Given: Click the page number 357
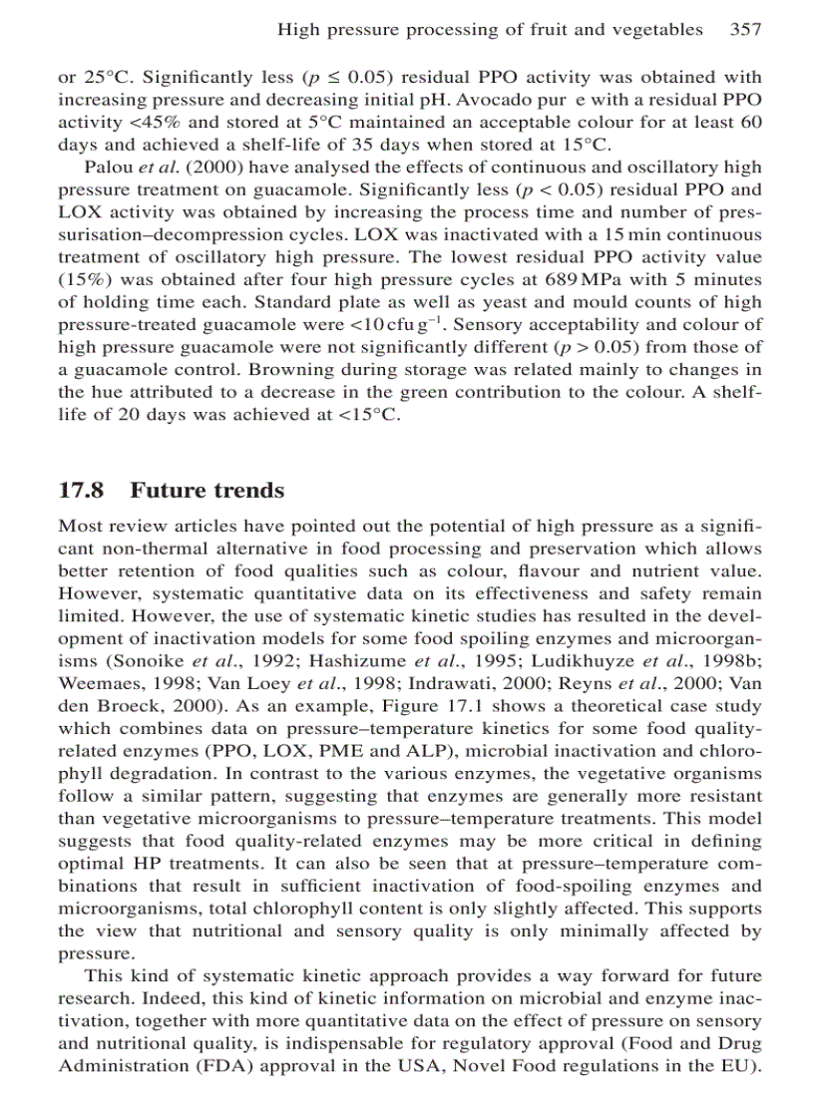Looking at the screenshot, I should [745, 30].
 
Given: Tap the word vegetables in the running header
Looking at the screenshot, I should [657, 30].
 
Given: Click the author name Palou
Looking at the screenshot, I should [109, 168].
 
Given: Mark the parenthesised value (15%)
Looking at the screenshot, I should [83, 279].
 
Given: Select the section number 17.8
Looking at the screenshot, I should [84, 491].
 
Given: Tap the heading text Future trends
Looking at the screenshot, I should [207, 491].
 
